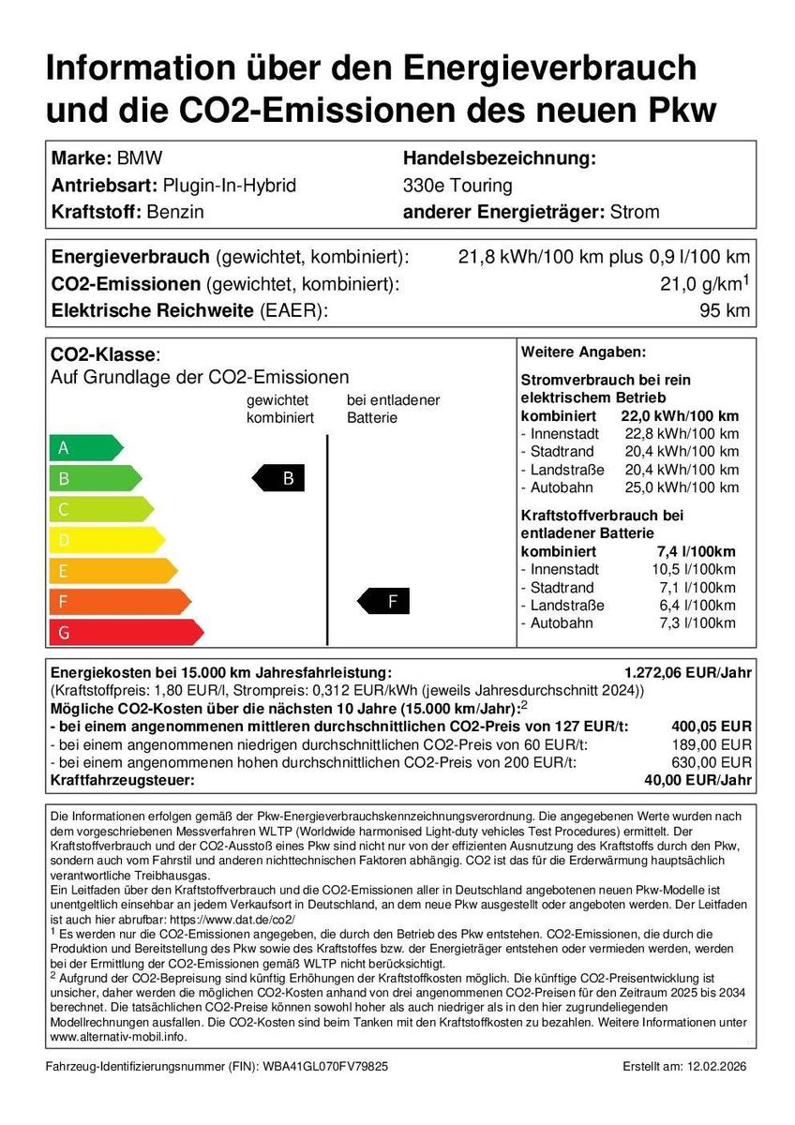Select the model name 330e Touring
457,185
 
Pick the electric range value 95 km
725,311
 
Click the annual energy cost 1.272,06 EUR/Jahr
688,673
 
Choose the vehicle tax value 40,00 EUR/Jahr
696,780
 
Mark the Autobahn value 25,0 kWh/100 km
682,487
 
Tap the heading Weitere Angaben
583,352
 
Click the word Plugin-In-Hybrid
230,185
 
